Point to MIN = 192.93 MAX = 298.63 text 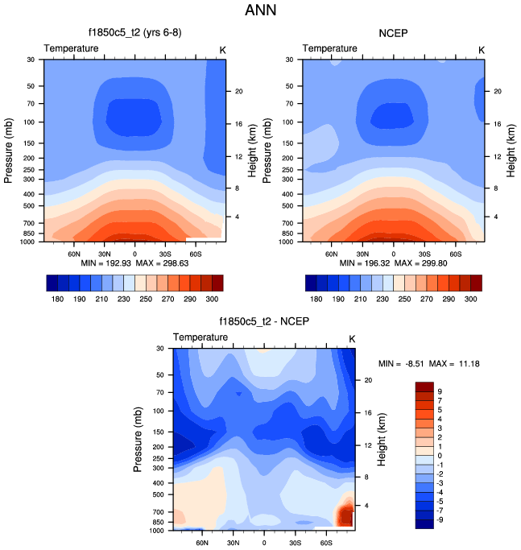click(x=134, y=263)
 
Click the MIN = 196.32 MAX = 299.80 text click(x=394, y=263)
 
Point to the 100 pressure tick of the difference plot click(x=157, y=411)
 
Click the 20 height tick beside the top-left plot click(x=238, y=91)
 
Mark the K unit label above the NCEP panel click(x=482, y=49)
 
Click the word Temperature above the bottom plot click(x=201, y=337)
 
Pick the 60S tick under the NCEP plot click(x=455, y=252)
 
